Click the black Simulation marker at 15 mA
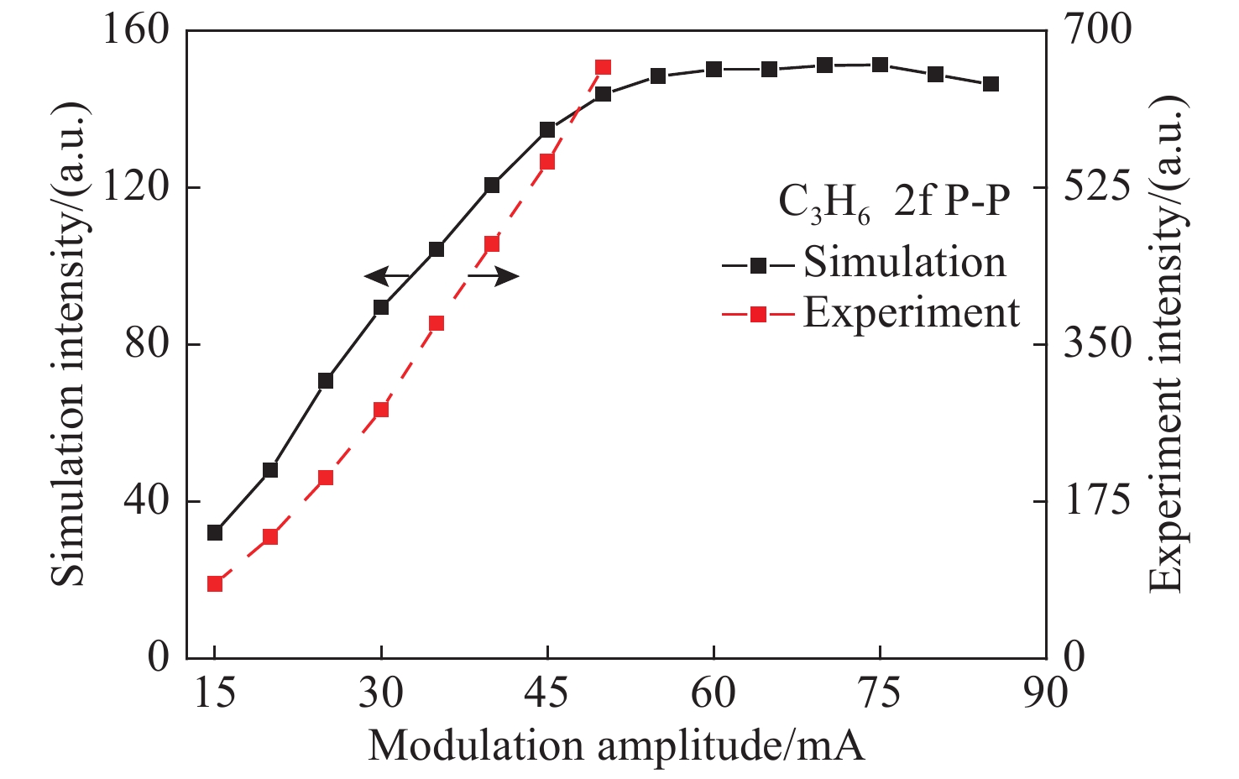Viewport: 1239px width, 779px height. (x=215, y=532)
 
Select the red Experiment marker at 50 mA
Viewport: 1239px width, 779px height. (x=603, y=68)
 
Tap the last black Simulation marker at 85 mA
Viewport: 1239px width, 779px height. (x=991, y=84)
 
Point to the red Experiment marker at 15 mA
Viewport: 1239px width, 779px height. (x=215, y=584)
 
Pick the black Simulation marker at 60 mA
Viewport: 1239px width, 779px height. (x=714, y=69)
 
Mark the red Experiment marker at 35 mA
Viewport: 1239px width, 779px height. (x=437, y=324)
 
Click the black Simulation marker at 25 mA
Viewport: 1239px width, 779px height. (x=326, y=381)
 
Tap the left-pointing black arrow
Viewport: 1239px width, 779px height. (x=386, y=276)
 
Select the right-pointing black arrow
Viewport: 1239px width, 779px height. (x=494, y=276)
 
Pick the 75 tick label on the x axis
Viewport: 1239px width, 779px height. (x=880, y=693)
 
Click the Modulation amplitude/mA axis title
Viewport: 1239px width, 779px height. (x=616, y=745)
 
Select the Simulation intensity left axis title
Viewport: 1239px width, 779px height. (x=69, y=344)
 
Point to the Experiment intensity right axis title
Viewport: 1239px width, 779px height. (x=1167, y=344)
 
